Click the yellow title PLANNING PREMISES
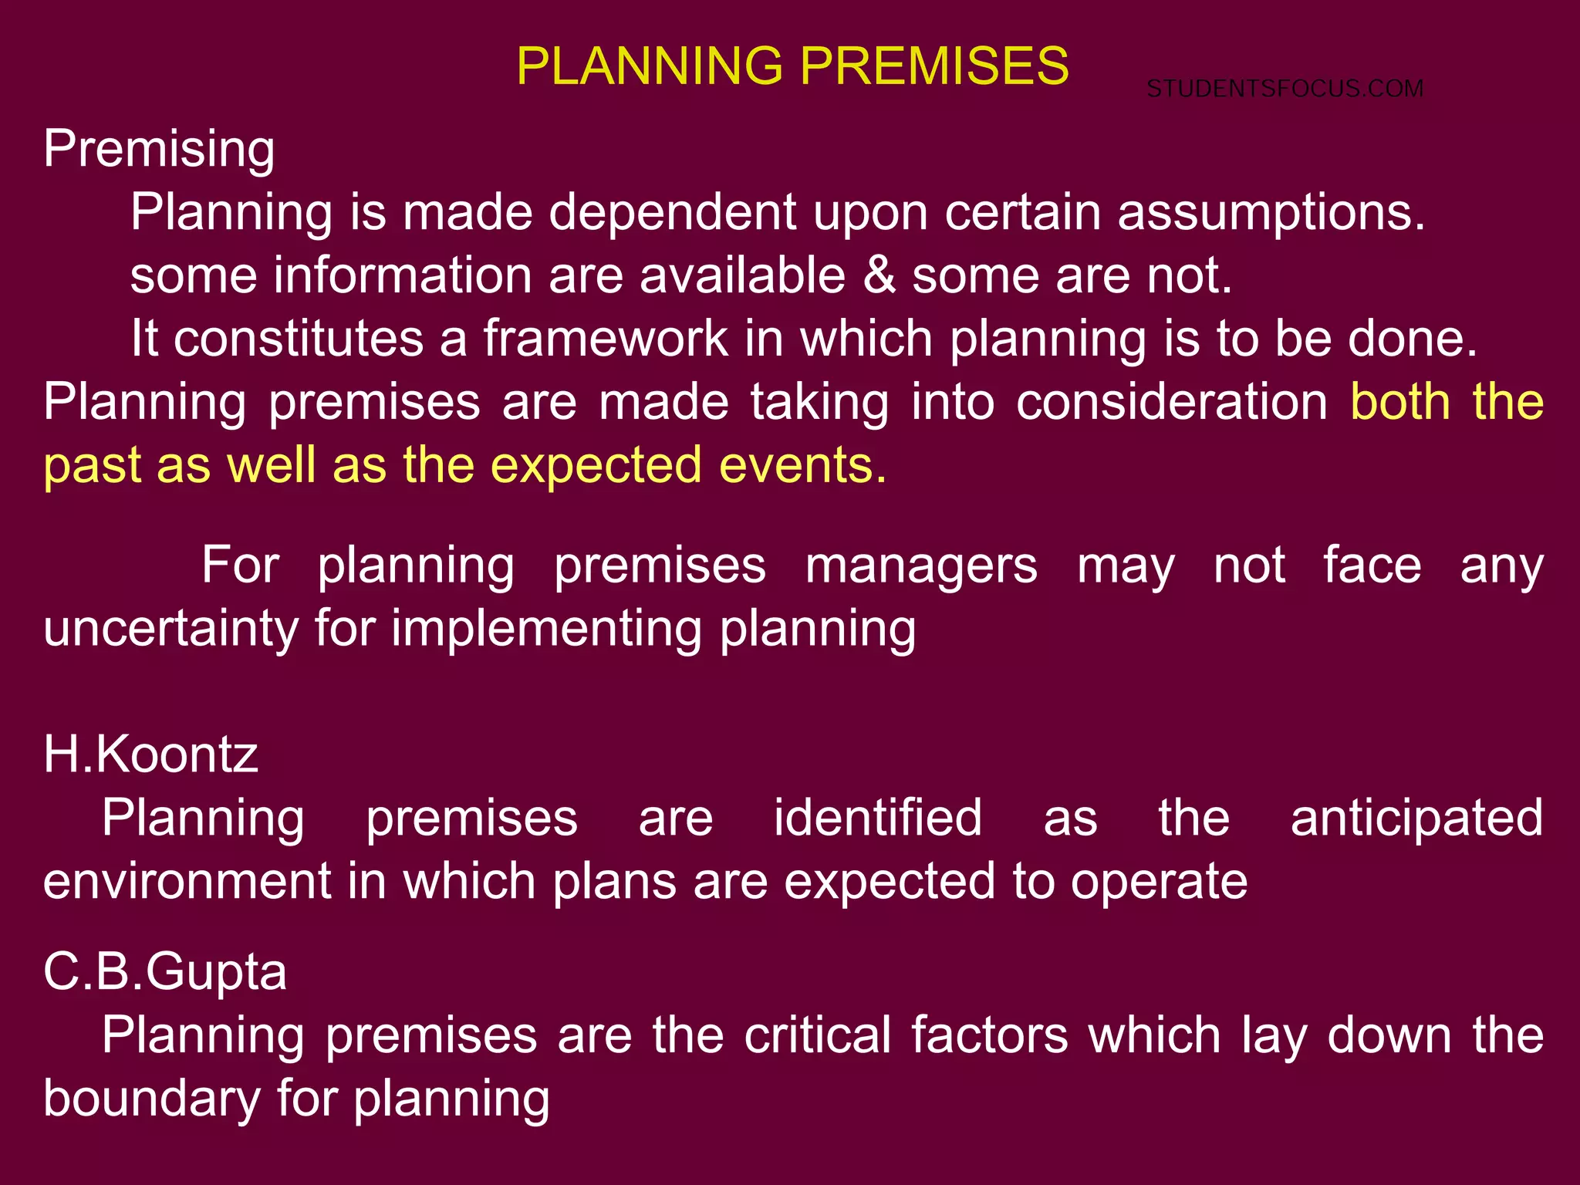(792, 66)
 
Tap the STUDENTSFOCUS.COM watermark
(1285, 89)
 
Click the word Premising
(159, 148)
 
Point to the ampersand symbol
(879, 276)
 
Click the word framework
(606, 339)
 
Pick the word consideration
(1171, 402)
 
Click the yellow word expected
(596, 465)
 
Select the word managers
(921, 565)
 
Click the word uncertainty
(170, 629)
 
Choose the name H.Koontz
(150, 755)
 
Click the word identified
(878, 818)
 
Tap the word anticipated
(1416, 818)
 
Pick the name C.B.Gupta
(165, 971)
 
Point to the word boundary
(151, 1098)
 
